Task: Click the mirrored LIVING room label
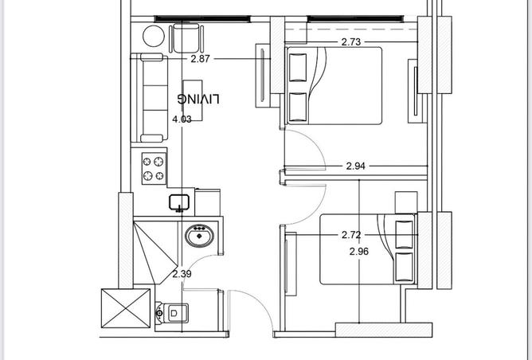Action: click(198, 99)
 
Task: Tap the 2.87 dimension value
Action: click(200, 59)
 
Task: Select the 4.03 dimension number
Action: click(182, 119)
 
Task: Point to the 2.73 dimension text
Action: click(351, 42)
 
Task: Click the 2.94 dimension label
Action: click(355, 166)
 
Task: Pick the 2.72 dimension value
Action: click(351, 235)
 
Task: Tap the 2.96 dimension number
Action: click(359, 252)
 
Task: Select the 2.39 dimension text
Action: click(182, 274)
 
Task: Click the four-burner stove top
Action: click(154, 168)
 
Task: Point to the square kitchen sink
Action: click(179, 202)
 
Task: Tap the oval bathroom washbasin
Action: click(199, 236)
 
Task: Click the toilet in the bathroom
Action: click(172, 313)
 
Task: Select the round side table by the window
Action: click(154, 36)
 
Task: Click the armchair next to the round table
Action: click(186, 37)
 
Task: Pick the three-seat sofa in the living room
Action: click(149, 98)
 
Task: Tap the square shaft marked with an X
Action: click(126, 308)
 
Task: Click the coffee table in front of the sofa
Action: click(193, 100)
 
